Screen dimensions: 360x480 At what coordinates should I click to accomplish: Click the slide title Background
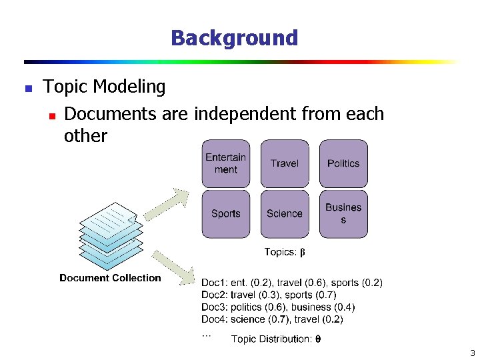tap(234, 38)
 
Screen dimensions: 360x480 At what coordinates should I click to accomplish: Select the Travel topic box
tap(285, 163)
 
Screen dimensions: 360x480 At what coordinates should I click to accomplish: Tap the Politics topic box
tap(343, 163)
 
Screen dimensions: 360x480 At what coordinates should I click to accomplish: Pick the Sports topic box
tap(226, 213)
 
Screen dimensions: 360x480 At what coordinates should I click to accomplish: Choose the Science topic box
tap(285, 213)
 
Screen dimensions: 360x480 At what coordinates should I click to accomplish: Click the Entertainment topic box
tap(226, 163)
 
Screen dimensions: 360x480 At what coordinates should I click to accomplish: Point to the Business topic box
tap(343, 213)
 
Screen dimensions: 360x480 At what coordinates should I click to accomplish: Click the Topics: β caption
tap(285, 252)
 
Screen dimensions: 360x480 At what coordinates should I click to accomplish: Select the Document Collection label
tap(110, 278)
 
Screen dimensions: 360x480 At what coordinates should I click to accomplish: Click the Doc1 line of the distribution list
tap(292, 283)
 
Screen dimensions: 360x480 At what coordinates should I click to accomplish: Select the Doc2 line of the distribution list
tap(269, 295)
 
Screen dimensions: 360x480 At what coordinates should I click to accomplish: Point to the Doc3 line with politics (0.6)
tap(278, 307)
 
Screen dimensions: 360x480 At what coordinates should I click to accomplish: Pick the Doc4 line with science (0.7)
tap(272, 319)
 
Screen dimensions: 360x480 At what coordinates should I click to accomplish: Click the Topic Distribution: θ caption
tap(276, 339)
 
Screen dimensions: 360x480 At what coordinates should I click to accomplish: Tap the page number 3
tap(472, 353)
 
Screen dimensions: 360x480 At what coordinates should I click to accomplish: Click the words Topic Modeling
tap(105, 87)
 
